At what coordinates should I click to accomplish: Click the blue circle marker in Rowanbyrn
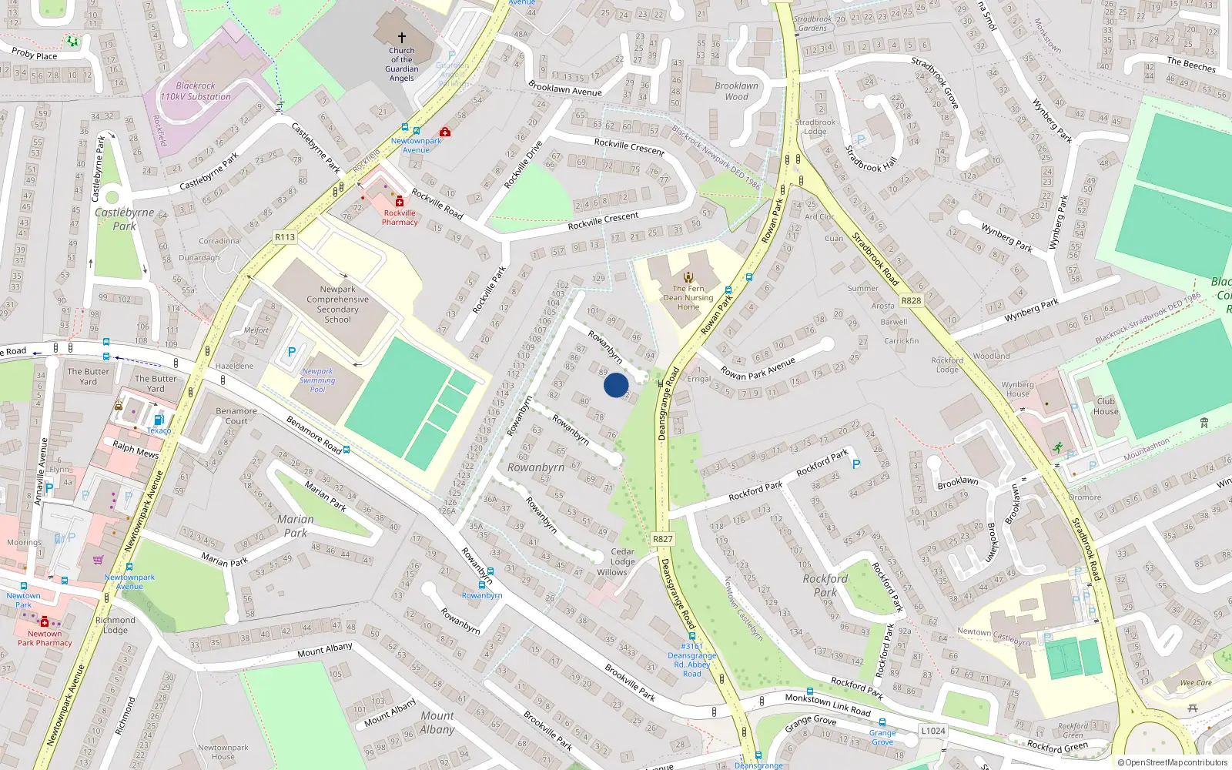(x=616, y=385)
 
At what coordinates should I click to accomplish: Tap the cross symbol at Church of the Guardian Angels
(x=401, y=37)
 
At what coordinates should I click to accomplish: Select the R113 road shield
(x=285, y=237)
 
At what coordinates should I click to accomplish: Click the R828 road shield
(x=911, y=300)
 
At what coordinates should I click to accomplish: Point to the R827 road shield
(x=662, y=539)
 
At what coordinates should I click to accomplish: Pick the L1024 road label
(x=933, y=731)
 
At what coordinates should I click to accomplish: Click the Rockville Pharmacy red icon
(x=399, y=202)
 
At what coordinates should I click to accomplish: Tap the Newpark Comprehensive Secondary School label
(x=337, y=304)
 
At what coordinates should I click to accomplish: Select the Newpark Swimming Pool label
(x=317, y=380)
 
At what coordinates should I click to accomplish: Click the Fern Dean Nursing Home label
(x=688, y=297)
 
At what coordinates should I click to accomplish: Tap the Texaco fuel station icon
(x=159, y=420)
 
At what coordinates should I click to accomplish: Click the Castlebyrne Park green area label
(x=124, y=219)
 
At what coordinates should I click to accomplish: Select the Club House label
(x=1106, y=406)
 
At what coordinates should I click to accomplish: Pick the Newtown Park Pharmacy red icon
(x=45, y=622)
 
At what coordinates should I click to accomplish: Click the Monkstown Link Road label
(x=828, y=704)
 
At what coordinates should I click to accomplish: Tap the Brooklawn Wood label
(x=736, y=91)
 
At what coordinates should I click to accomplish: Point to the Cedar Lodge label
(x=622, y=556)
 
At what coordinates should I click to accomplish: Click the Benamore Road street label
(x=313, y=434)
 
